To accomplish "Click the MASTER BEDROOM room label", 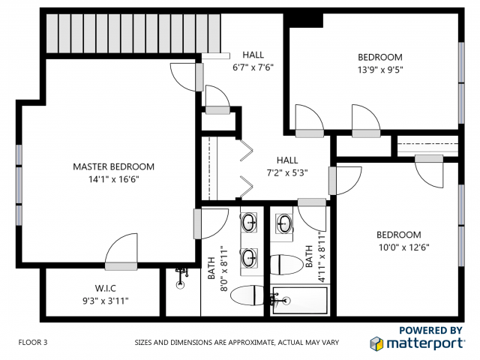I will click(x=113, y=166).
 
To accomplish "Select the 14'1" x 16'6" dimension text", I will click(x=113, y=179).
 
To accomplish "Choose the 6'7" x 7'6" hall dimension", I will click(x=253, y=67).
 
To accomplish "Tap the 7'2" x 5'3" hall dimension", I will click(x=287, y=172).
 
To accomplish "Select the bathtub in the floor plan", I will click(x=301, y=301).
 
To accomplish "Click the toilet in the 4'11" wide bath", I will click(x=285, y=264).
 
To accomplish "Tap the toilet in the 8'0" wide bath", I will click(x=247, y=296).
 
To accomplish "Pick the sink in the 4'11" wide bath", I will click(x=284, y=223).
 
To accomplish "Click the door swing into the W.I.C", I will click(x=121, y=251).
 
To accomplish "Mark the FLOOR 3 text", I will click(x=33, y=342).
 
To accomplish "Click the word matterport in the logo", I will click(x=425, y=343).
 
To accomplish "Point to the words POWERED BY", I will click(x=430, y=329).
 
